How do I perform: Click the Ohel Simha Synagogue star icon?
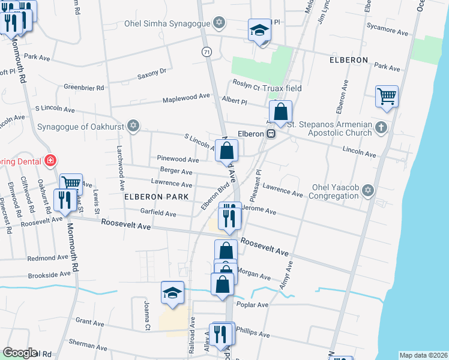tap(219, 23)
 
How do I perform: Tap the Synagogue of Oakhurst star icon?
tap(134, 127)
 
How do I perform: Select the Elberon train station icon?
tap(271, 133)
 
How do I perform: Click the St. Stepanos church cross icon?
tap(381, 127)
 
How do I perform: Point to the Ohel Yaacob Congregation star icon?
tap(368, 190)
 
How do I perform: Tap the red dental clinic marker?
tap(51, 161)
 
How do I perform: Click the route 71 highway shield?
tap(207, 52)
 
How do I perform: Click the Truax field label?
tap(285, 88)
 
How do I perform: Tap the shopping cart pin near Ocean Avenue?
tap(387, 96)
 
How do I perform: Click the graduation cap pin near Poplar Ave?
tap(172, 293)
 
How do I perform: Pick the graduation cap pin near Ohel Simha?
tap(260, 30)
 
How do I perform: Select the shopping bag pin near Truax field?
tap(280, 111)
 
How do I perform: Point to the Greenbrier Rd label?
tap(84, 88)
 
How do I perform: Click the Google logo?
tap(20, 353)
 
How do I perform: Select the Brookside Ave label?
tap(49, 275)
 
